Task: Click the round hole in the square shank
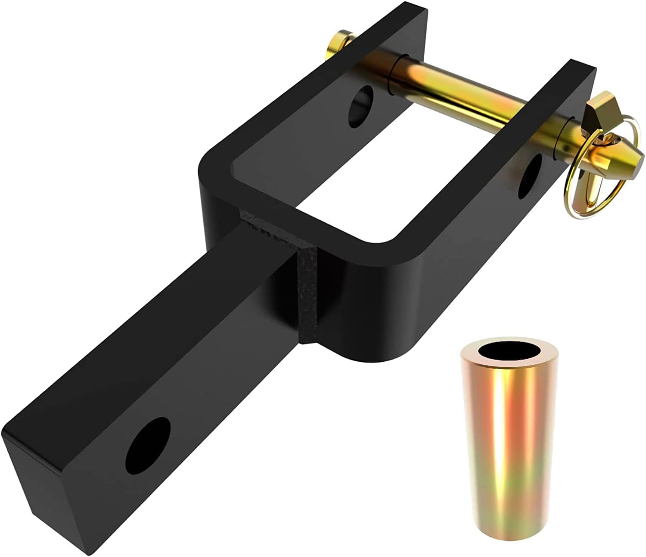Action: (x=148, y=446)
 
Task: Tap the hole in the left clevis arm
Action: (x=361, y=106)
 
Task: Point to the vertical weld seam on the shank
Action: (x=307, y=297)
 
